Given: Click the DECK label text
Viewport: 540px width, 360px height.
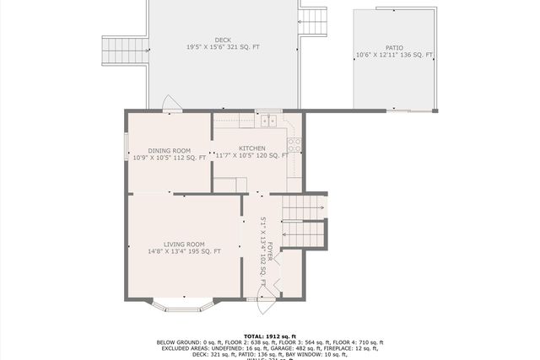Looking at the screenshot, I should [223, 40].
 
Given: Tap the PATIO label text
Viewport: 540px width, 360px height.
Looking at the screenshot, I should [394, 48].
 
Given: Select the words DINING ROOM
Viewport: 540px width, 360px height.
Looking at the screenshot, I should [170, 150].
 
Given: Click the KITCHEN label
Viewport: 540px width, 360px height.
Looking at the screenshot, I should [251, 148].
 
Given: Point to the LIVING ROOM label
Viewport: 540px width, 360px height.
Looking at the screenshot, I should [184, 244].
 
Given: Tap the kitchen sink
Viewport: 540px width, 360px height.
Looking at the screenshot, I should [268, 121].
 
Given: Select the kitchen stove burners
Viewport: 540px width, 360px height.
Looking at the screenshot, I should [294, 144].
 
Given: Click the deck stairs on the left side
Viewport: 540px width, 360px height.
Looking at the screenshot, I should [123, 50].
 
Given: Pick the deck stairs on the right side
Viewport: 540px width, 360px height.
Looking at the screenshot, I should [312, 21].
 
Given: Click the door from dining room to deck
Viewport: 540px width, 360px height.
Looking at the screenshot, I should [172, 104].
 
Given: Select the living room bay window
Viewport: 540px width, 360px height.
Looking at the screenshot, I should [182, 305].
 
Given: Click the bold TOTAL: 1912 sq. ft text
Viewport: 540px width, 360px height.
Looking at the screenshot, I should [270, 335].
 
